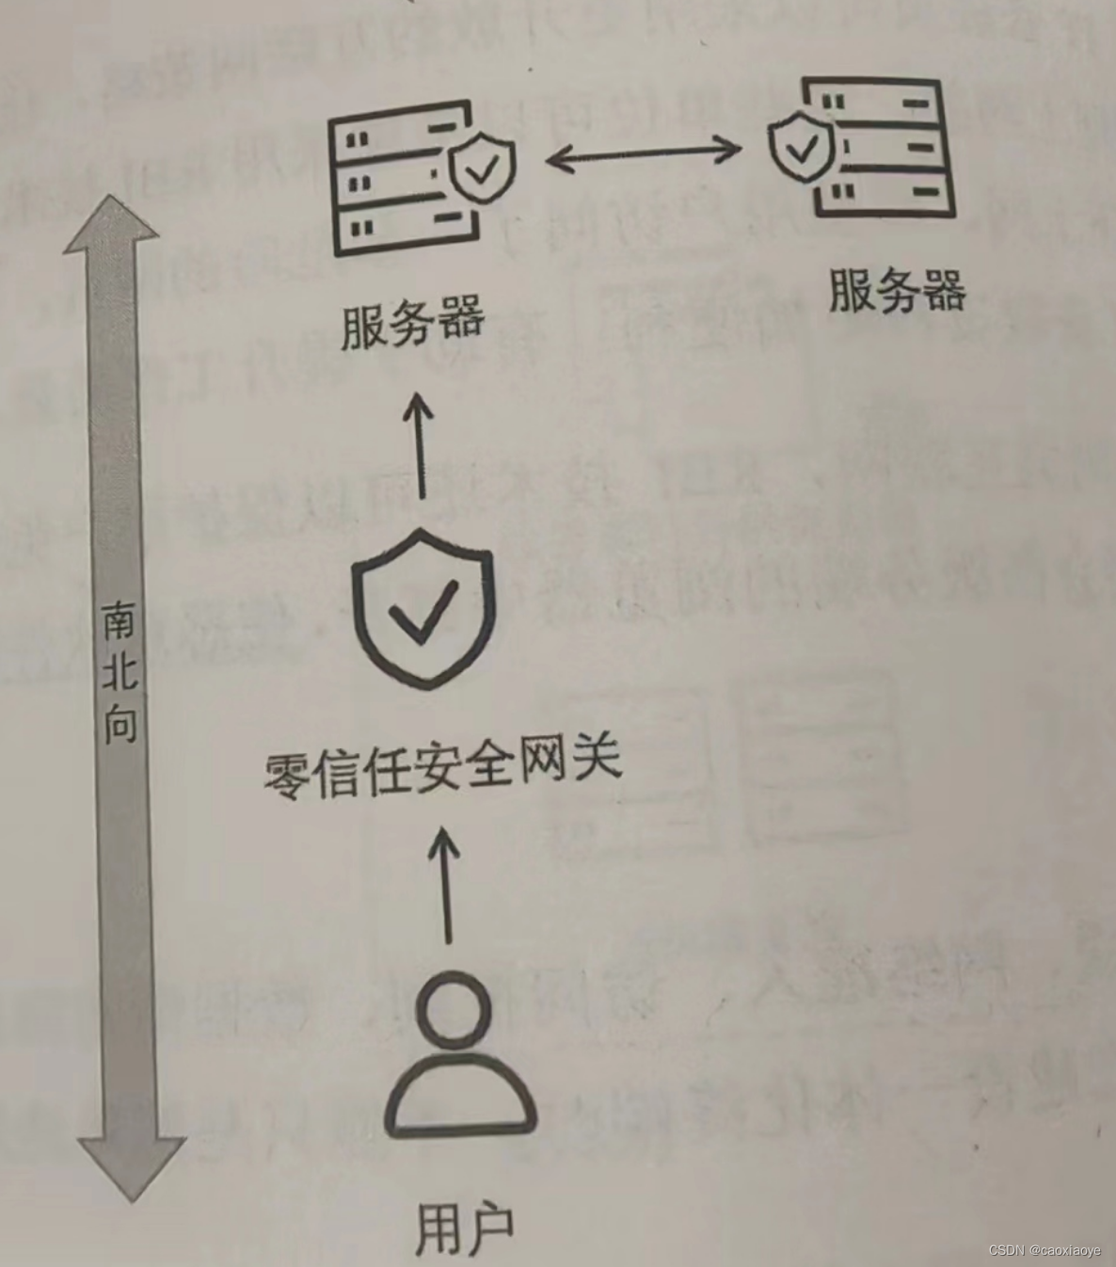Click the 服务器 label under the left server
pos(412,322)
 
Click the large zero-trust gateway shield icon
pos(423,607)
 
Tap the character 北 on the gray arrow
pos(120,670)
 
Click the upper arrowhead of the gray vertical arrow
pos(112,226)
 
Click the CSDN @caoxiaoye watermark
pos(1044,1250)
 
